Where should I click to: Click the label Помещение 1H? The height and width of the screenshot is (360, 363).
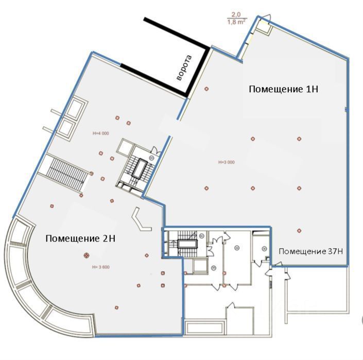pyautogui.click(x=283, y=89)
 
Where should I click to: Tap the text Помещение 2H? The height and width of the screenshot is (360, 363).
pyautogui.click(x=80, y=238)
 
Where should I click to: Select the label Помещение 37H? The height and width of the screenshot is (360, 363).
pyautogui.click(x=310, y=251)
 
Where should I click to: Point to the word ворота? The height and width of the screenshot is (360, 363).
pyautogui.click(x=183, y=68)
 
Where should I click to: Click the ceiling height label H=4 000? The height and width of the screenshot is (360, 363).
pyautogui.click(x=101, y=133)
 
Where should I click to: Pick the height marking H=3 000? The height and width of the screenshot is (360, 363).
pyautogui.click(x=226, y=162)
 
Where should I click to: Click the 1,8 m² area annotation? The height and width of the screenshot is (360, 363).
pyautogui.click(x=236, y=22)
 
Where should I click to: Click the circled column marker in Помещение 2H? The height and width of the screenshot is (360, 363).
pyautogui.click(x=86, y=254)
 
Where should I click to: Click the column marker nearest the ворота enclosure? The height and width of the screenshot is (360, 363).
pyautogui.click(x=206, y=89)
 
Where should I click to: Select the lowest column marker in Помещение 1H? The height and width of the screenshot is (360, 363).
pyautogui.click(x=299, y=230)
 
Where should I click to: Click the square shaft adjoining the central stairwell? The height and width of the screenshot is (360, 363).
pyautogui.click(x=126, y=147)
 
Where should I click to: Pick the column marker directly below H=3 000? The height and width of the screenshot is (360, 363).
pyautogui.click(x=206, y=188)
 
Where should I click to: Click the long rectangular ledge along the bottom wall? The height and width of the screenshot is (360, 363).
pyautogui.click(x=204, y=327)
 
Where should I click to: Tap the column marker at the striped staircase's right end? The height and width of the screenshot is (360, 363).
pyautogui.click(x=91, y=173)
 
